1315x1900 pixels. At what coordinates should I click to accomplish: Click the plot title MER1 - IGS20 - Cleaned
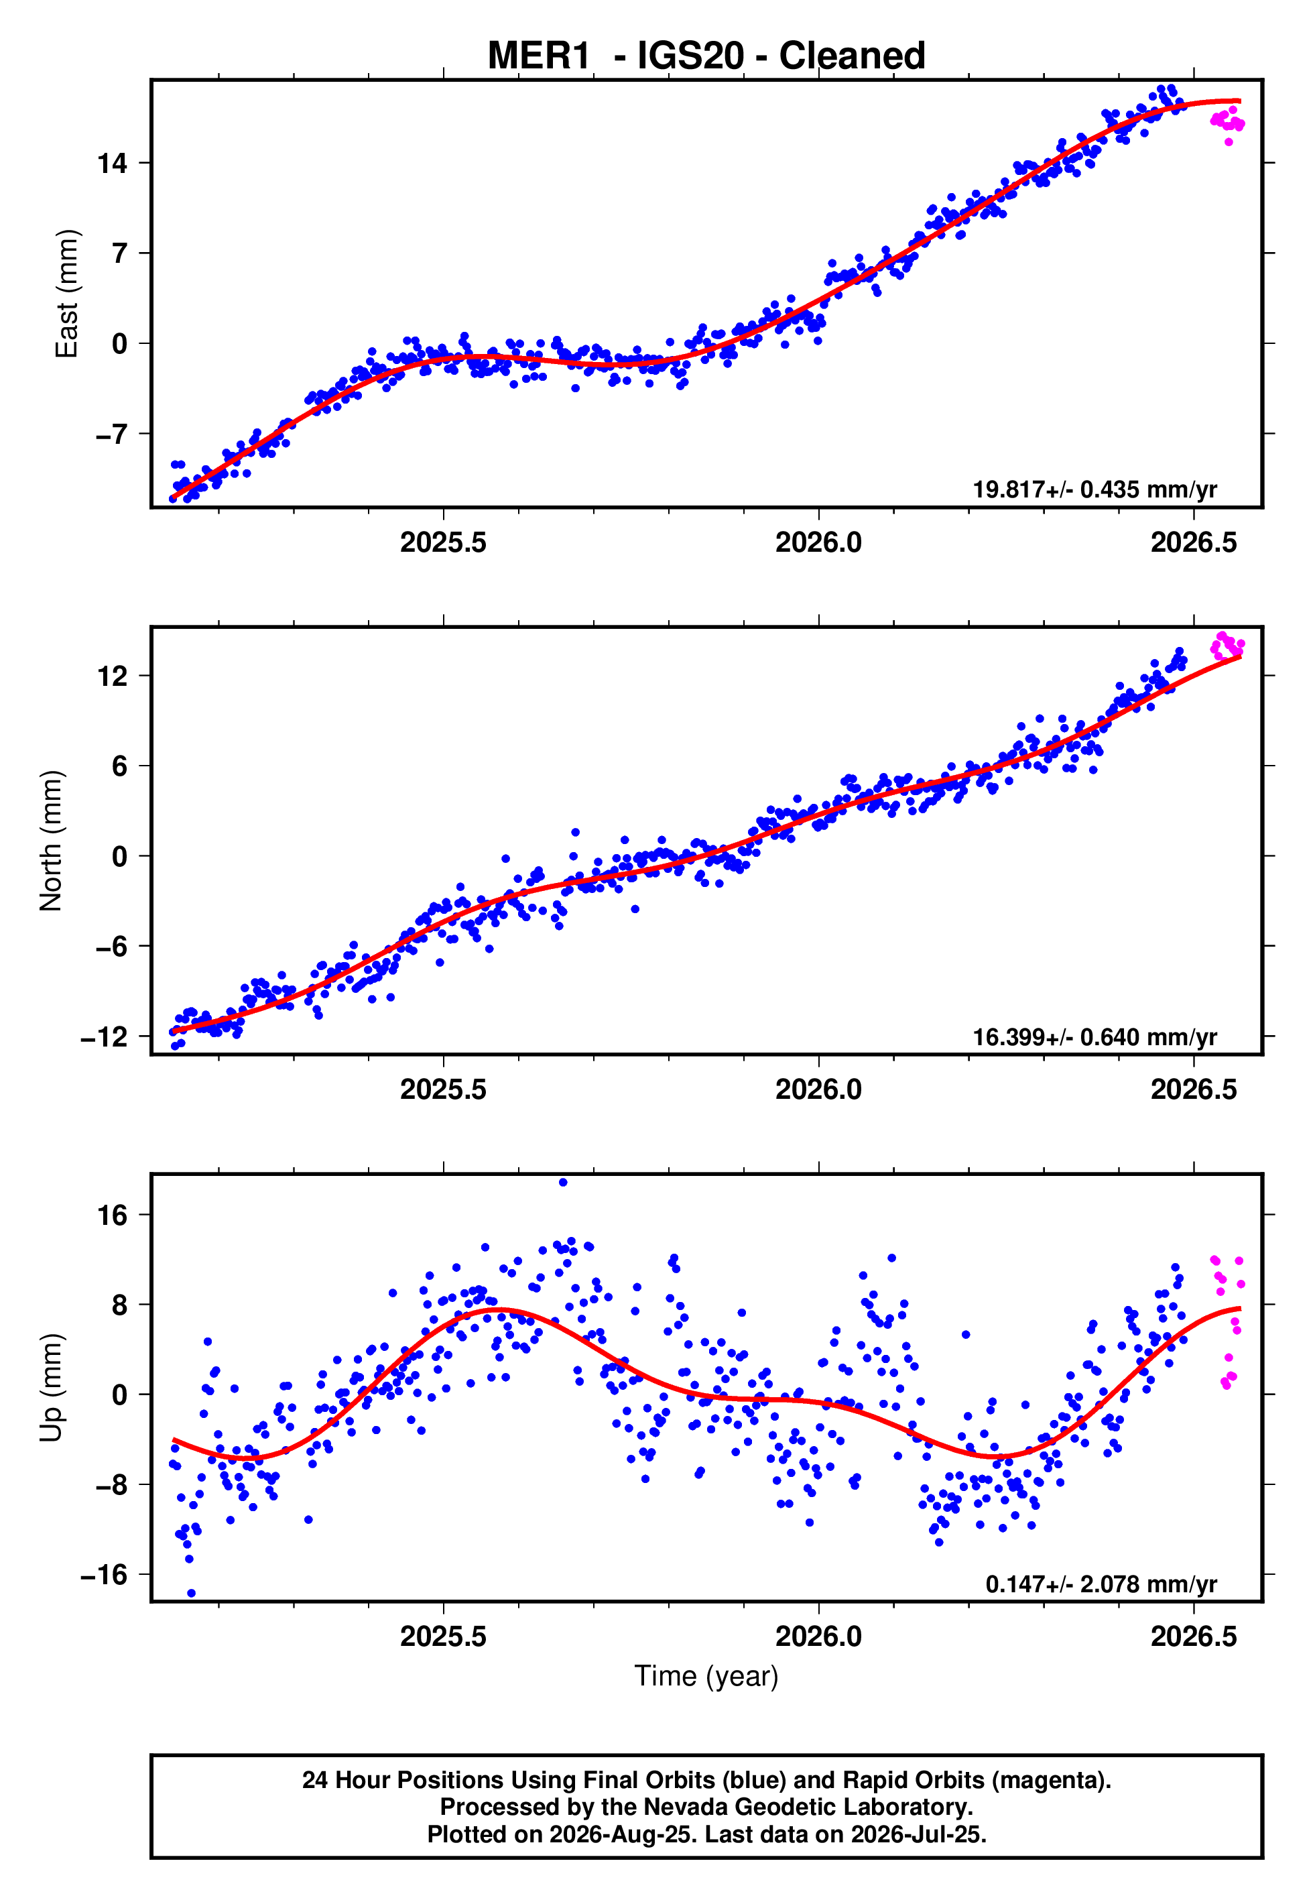click(x=706, y=56)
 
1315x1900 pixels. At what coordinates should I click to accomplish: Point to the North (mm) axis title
click(x=51, y=841)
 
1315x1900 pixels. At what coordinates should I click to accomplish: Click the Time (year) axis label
click(x=706, y=1676)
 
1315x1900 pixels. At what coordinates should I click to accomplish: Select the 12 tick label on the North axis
click(x=113, y=676)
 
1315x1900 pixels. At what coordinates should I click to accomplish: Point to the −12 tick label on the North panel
click(x=105, y=1036)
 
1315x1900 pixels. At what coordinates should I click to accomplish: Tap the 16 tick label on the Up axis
click(x=113, y=1215)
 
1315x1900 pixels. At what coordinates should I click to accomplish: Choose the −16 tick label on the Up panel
click(x=105, y=1576)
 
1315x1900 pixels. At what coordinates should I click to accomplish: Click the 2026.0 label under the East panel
click(x=818, y=542)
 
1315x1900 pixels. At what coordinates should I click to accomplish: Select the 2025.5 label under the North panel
click(x=443, y=1089)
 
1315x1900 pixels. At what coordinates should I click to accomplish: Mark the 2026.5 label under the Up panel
click(x=1194, y=1637)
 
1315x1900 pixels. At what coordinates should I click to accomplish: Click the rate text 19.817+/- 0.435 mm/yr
click(x=1095, y=489)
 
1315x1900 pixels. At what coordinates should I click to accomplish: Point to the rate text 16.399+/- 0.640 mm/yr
click(x=1095, y=1036)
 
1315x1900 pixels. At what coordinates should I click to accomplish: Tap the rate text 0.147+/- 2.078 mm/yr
click(x=1102, y=1584)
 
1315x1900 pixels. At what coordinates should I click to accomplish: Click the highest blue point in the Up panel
click(x=563, y=1183)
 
